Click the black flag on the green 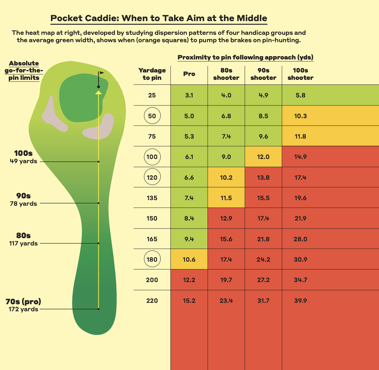click(102, 73)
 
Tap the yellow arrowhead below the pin click(99, 92)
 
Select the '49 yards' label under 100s click(24, 161)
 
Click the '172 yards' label click(24, 309)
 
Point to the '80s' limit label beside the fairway click(24, 236)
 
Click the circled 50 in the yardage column click(152, 116)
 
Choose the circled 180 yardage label click(152, 260)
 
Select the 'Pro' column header click(189, 74)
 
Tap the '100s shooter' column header click(300, 74)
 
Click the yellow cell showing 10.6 click(189, 260)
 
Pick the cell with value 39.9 click(300, 301)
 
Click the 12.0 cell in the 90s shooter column click(263, 157)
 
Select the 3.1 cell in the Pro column click(189, 95)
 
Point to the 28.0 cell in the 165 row click(300, 239)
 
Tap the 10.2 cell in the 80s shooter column click(226, 178)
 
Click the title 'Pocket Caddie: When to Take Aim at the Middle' click(159, 18)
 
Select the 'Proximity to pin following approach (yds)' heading click(245, 57)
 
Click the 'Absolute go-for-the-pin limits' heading click(24, 70)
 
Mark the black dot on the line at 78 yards click(99, 203)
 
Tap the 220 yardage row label click(152, 301)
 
